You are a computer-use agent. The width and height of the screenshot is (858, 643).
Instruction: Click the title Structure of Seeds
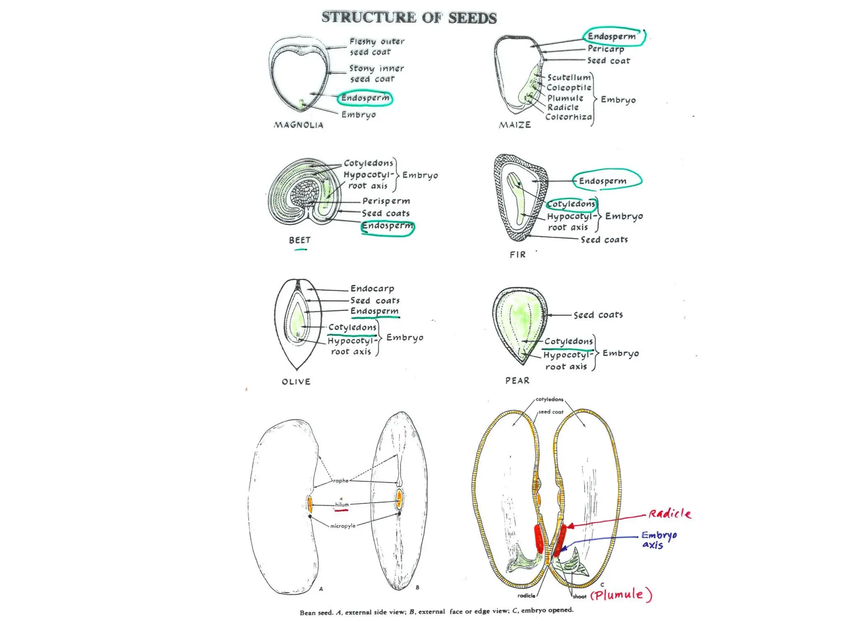tap(409, 18)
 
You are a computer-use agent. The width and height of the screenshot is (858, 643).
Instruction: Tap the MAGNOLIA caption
tap(299, 125)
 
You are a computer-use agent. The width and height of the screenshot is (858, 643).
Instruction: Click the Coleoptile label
tap(569, 88)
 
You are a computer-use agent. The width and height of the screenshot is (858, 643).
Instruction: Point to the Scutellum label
tap(569, 77)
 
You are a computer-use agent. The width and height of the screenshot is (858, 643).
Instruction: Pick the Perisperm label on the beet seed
tap(386, 201)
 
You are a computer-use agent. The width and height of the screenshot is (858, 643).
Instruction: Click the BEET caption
tap(300, 240)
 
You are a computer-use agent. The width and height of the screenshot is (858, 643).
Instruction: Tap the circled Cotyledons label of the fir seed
tap(571, 204)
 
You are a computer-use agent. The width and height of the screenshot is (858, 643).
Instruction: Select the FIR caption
tap(517, 255)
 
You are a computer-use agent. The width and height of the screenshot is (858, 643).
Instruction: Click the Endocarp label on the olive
tap(372, 288)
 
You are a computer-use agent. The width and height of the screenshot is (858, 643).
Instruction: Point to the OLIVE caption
tap(296, 381)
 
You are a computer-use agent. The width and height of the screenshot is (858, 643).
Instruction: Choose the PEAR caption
tap(517, 381)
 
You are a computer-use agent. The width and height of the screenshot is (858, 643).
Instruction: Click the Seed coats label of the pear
tap(598, 315)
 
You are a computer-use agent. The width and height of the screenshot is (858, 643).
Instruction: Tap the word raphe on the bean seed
tap(341, 481)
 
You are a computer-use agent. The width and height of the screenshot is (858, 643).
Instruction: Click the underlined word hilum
tap(341, 505)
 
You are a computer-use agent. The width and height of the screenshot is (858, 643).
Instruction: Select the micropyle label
tap(343, 526)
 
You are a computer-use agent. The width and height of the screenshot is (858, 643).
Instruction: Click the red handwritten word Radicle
tap(669, 514)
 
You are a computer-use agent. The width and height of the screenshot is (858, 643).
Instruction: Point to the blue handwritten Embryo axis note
tap(658, 540)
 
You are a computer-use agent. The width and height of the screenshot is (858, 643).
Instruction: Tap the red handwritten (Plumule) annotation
tap(621, 594)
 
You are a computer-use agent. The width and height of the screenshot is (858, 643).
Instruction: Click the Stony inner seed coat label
tap(376, 74)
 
